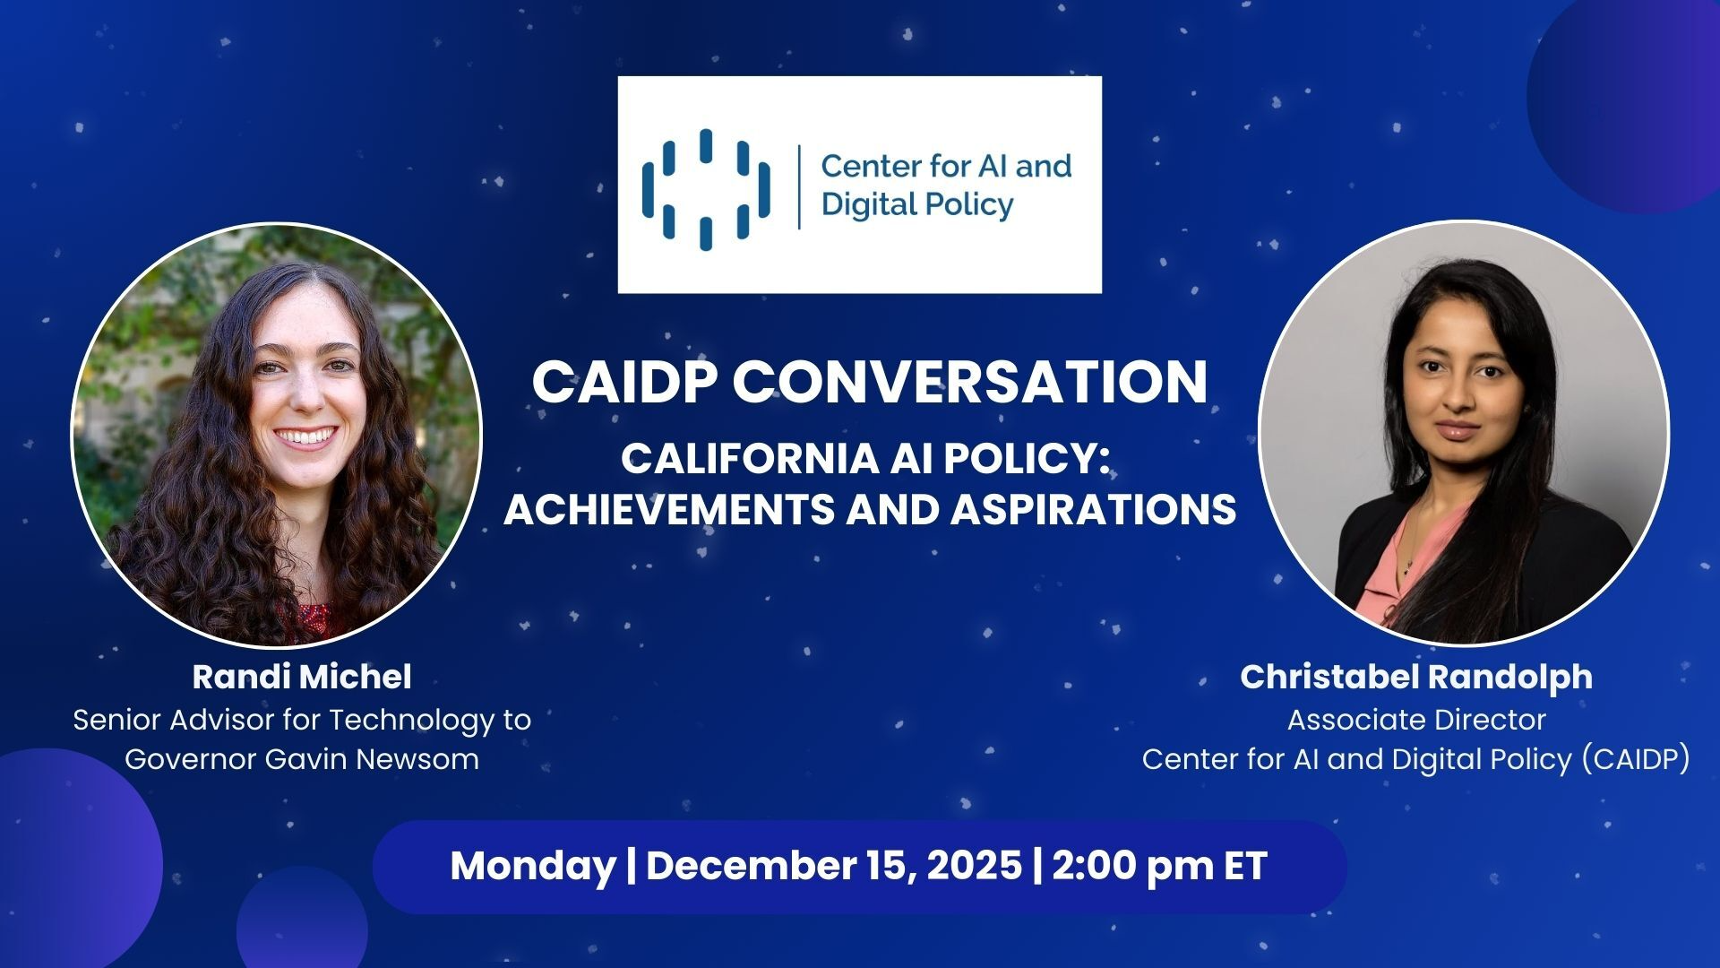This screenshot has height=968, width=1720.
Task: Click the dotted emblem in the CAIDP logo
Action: click(706, 189)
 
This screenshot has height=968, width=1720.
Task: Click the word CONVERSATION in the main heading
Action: click(970, 382)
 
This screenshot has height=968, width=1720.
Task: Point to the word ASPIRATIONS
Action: click(1093, 510)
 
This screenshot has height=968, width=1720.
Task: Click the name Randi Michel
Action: click(302, 677)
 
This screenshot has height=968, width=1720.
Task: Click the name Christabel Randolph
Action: click(1416, 677)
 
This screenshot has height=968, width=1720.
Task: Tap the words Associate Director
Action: click(1416, 720)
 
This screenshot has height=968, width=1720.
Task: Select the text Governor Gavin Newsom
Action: click(302, 759)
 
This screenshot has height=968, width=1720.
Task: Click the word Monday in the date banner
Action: click(532, 867)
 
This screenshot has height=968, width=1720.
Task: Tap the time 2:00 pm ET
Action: click(1160, 866)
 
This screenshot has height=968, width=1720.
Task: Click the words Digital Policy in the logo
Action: click(917, 205)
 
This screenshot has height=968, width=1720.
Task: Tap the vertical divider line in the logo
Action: click(799, 187)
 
